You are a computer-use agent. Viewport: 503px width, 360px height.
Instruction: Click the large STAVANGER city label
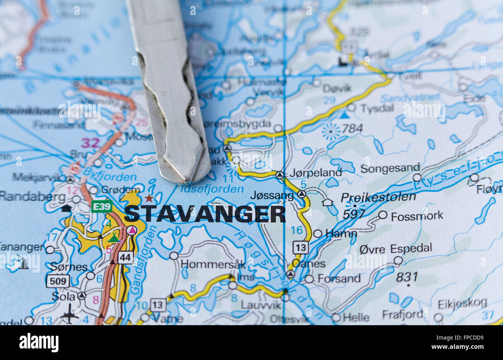click(x=205, y=214)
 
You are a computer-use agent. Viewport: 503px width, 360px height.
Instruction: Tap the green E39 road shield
click(x=102, y=206)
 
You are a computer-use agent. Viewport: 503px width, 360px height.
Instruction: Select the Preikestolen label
click(x=378, y=197)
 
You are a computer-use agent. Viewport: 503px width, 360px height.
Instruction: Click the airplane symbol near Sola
click(x=69, y=314)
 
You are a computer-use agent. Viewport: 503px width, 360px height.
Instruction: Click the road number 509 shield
click(x=58, y=281)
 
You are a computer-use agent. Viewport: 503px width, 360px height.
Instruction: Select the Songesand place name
click(x=390, y=168)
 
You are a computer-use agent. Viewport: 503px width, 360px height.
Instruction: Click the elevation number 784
click(x=352, y=128)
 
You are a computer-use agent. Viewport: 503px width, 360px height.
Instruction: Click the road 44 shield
click(x=126, y=257)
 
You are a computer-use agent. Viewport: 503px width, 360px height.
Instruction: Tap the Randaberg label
click(x=33, y=196)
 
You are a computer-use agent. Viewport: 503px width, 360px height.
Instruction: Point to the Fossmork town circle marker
click(x=383, y=215)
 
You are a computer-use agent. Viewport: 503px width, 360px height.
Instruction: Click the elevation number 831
click(x=407, y=276)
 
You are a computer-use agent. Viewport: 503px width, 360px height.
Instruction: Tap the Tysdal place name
click(x=377, y=108)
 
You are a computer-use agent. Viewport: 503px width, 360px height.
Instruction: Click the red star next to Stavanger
click(x=149, y=198)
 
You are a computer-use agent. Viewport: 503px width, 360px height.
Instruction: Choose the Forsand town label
click(x=339, y=278)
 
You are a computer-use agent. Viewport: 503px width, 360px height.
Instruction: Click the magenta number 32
click(x=91, y=143)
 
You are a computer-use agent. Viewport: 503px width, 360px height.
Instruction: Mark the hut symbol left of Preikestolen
click(x=327, y=202)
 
